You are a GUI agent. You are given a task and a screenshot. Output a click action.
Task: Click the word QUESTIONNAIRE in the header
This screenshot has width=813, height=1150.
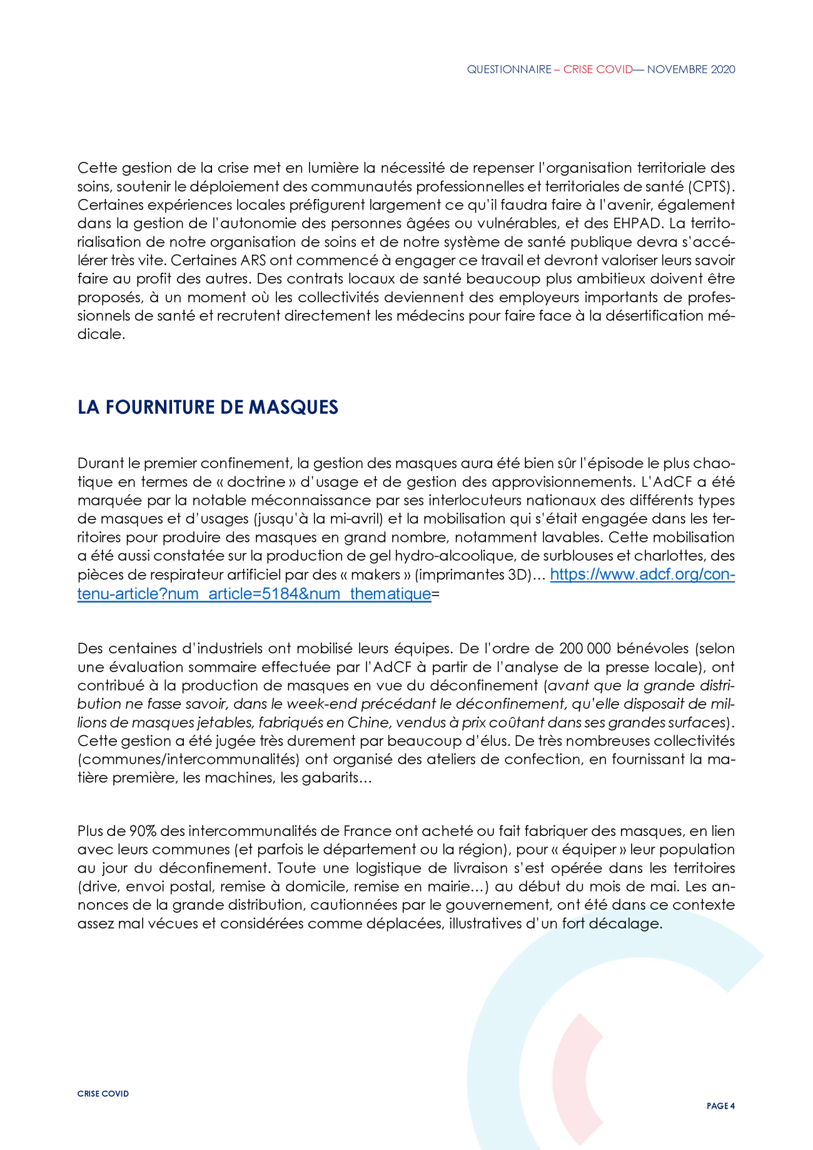(x=509, y=69)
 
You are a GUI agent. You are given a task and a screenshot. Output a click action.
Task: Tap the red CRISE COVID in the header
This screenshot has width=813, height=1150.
(x=598, y=69)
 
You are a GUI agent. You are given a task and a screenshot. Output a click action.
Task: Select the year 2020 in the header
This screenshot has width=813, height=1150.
(x=723, y=69)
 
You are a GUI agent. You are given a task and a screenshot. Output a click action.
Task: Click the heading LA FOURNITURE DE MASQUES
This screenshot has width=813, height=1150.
(x=208, y=407)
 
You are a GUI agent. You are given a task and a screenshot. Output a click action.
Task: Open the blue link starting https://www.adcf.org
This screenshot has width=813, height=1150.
(x=642, y=575)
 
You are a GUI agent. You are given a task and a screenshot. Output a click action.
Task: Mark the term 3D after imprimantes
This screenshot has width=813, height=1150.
(x=517, y=575)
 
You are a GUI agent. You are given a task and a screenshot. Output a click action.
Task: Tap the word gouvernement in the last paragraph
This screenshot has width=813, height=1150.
(x=503, y=905)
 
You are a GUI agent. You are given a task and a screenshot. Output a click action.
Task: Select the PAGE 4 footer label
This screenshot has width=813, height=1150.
(x=720, y=1106)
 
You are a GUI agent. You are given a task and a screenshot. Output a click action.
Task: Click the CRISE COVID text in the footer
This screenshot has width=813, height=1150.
(x=103, y=1094)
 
